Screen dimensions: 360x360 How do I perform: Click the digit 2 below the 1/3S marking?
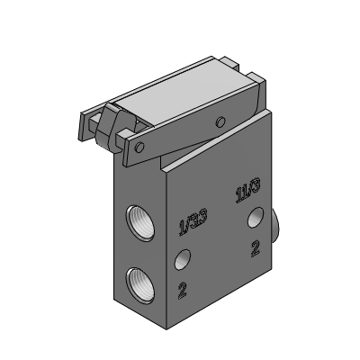tap(183, 290)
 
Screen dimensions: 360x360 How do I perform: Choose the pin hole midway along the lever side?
tap(218, 121)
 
